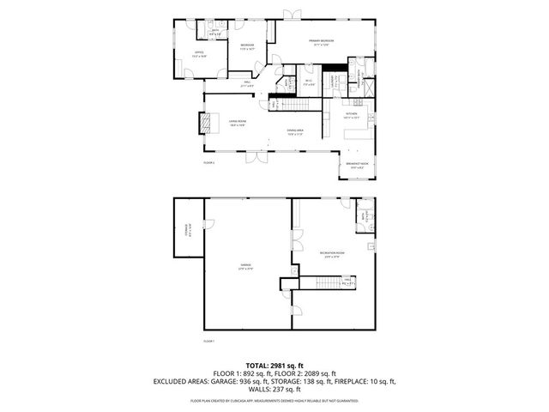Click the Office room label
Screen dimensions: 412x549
(198, 53)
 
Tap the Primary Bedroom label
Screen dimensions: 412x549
(322, 41)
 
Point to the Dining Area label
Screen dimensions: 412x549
(296, 132)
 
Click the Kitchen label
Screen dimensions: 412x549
(352, 114)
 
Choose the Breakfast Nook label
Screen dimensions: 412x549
(357, 164)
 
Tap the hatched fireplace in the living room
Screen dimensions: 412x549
(204, 124)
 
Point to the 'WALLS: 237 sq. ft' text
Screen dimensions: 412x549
(274, 389)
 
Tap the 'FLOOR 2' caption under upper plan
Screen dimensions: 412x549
(208, 161)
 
